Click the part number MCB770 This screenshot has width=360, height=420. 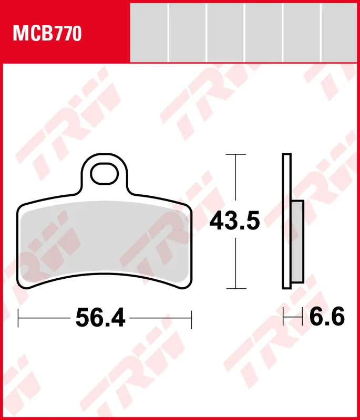[x=47, y=34]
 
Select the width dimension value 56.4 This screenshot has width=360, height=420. [x=100, y=318]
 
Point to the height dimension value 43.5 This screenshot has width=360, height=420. [x=235, y=221]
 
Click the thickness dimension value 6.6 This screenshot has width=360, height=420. [x=326, y=317]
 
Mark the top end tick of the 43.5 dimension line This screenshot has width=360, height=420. [x=235, y=155]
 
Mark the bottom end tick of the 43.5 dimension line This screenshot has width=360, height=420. [x=235, y=288]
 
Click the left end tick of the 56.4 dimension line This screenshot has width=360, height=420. [x=19, y=318]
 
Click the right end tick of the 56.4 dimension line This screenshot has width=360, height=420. [x=192, y=318]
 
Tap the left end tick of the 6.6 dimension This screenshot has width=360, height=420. [x=284, y=317]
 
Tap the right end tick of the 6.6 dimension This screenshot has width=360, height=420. [x=304, y=317]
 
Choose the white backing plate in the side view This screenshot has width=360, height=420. [x=286, y=220]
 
